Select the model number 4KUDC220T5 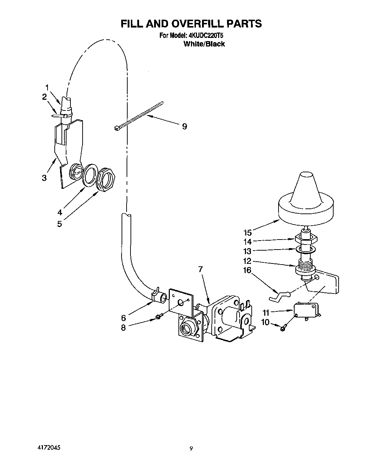coord(204,36)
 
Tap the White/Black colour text coord(204,44)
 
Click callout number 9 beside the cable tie coord(184,126)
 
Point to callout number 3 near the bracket coord(44,178)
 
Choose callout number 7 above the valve coord(201,269)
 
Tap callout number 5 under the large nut coord(59,224)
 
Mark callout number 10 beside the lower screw coord(265,322)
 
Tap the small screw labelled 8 coord(160,316)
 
